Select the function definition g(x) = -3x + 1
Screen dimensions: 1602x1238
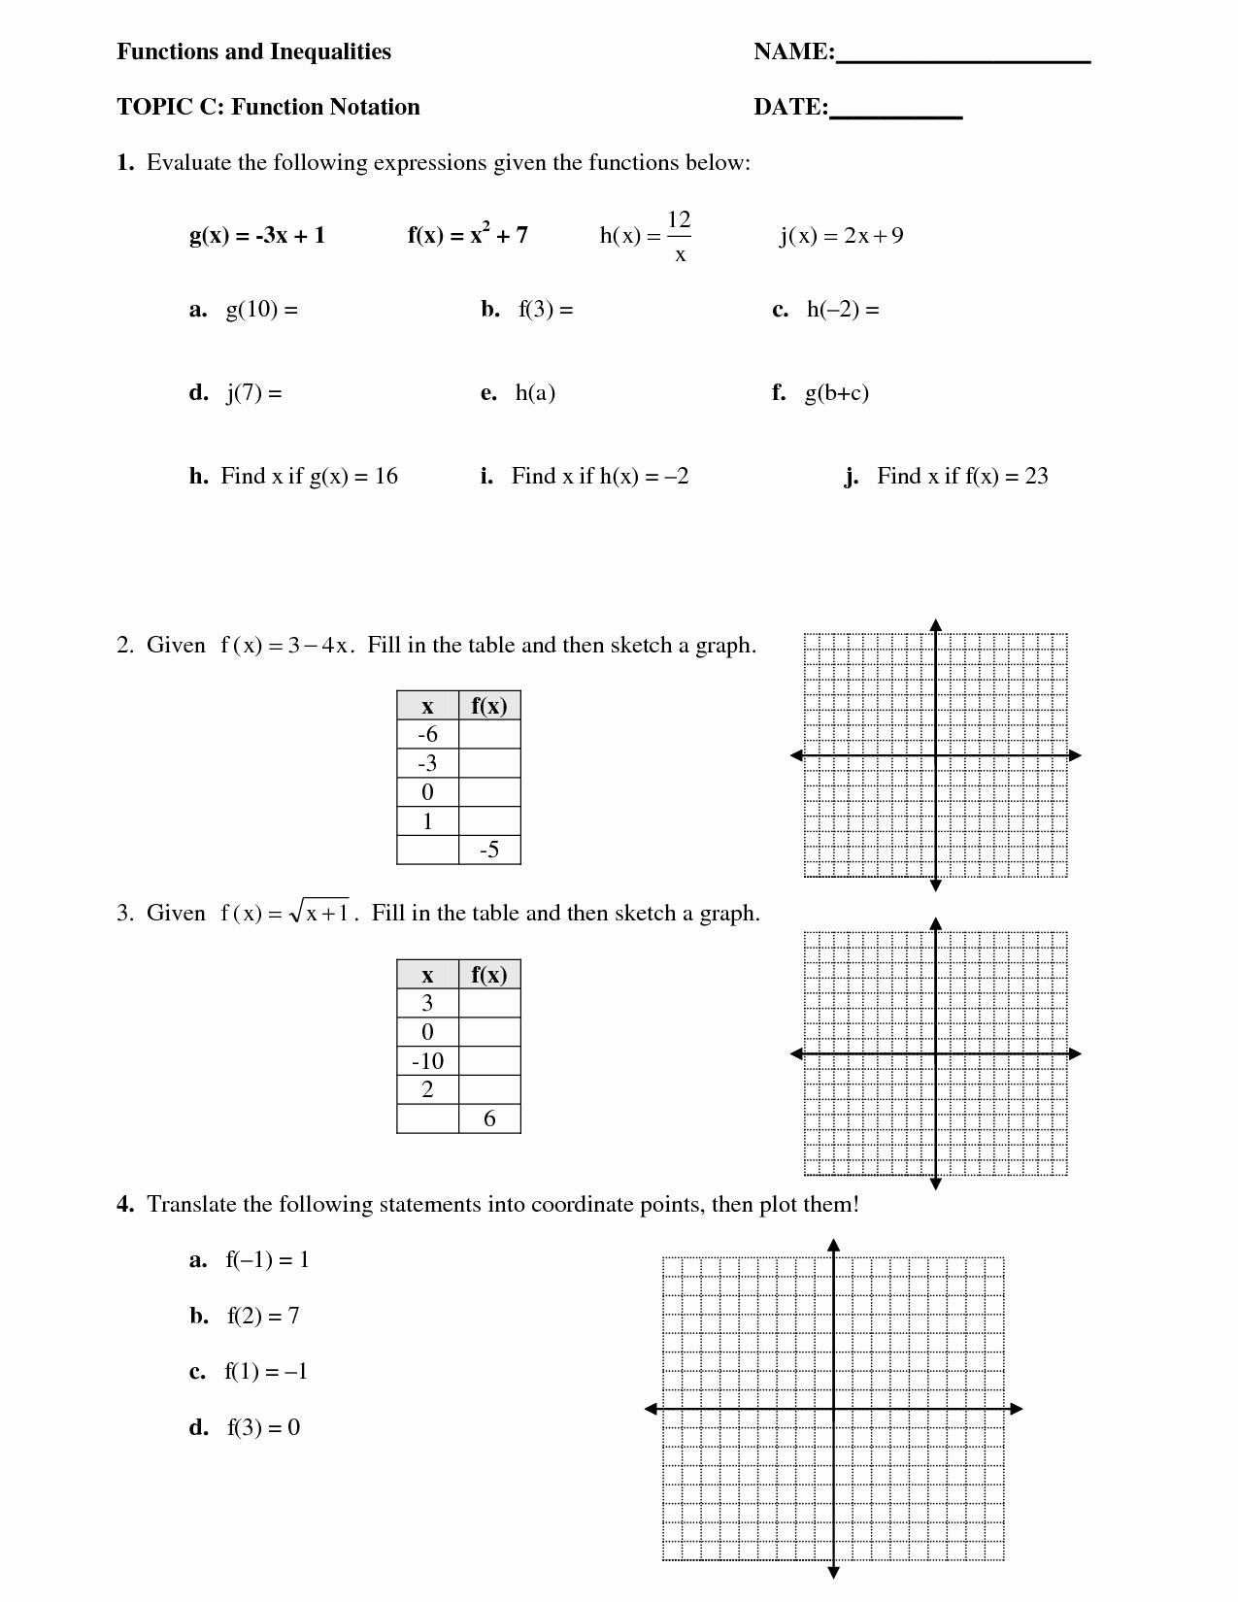click(x=257, y=235)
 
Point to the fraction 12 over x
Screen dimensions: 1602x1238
click(x=679, y=236)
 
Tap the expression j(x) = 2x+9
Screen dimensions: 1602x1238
click(x=841, y=235)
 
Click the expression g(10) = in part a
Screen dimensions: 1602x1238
click(x=261, y=310)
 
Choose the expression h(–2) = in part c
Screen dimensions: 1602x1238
click(x=842, y=310)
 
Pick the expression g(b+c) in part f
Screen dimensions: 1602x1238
click(x=836, y=392)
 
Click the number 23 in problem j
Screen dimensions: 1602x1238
click(x=1036, y=476)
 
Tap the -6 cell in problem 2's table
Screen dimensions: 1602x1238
click(x=427, y=734)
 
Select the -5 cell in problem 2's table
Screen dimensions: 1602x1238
click(x=489, y=851)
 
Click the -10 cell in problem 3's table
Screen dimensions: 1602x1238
click(x=427, y=1061)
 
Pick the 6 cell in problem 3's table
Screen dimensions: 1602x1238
click(x=489, y=1118)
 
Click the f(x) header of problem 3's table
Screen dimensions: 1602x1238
click(x=489, y=975)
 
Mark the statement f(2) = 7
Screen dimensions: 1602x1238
click(x=263, y=1316)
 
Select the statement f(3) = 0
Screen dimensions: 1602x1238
click(x=263, y=1427)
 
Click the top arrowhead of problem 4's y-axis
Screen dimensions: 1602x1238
click(x=833, y=1245)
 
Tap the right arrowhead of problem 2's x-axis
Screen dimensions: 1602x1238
click(x=1075, y=755)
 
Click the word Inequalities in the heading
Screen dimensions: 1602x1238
click(x=330, y=51)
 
